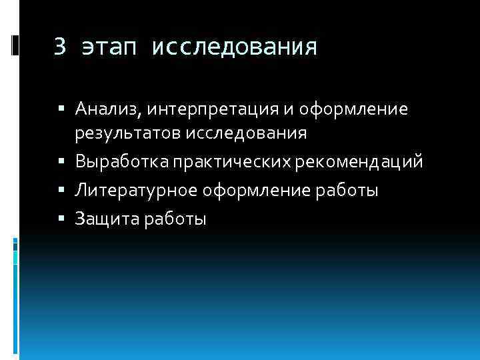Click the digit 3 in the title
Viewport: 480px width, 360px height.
coord(60,47)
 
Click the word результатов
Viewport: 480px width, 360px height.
coord(128,133)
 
